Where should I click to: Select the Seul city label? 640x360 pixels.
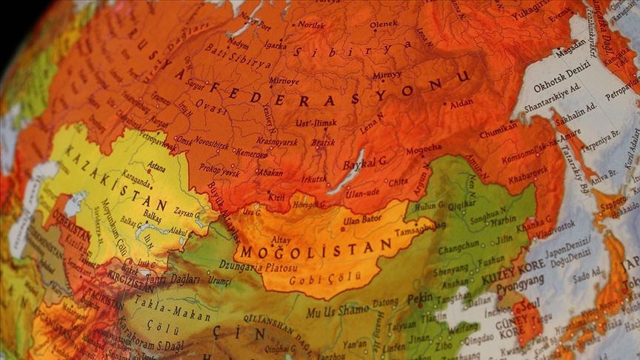pos(532,307)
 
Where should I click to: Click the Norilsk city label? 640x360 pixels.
pos(311,24)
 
